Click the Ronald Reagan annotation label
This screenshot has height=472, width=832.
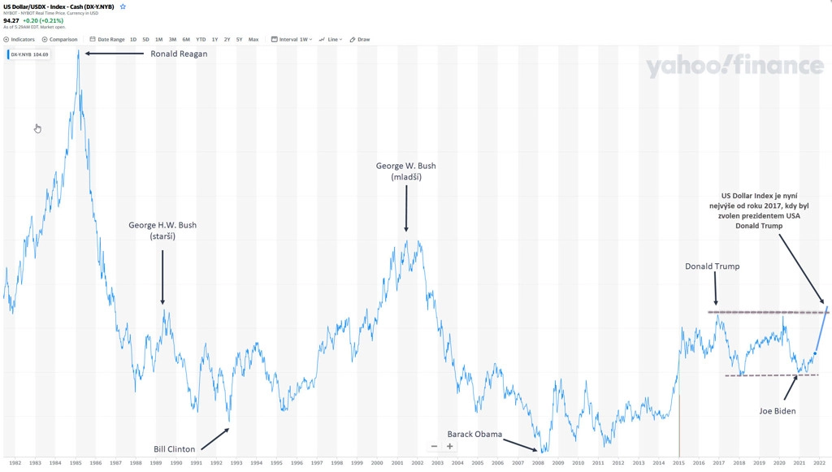pos(179,54)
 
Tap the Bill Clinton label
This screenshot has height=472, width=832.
pos(175,449)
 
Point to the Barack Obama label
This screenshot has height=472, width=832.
pos(474,434)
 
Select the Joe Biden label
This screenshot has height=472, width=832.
pos(778,411)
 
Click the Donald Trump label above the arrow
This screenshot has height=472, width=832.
pos(712,266)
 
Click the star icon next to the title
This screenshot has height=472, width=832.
pos(123,6)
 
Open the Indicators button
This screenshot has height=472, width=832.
pos(19,39)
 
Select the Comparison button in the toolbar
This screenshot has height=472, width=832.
pos(60,39)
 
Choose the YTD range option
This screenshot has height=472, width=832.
pos(201,39)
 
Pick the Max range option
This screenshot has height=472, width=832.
pos(253,39)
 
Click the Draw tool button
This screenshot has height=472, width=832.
pos(360,39)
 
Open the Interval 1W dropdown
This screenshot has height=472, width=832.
pos(292,39)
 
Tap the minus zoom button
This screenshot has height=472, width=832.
pos(435,446)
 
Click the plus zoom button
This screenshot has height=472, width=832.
pos(449,446)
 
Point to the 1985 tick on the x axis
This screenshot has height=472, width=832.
pos(75,463)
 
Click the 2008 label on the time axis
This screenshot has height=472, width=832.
pos(537,463)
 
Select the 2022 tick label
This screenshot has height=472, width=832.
pos(819,463)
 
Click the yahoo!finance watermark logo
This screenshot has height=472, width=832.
pos(734,67)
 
